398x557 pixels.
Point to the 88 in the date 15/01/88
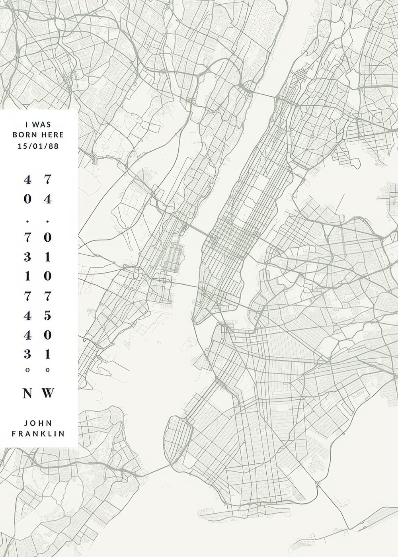[x=54, y=146]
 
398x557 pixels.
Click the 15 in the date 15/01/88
[x=22, y=146]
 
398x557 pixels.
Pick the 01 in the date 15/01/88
[x=38, y=146]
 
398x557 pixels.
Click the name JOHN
[x=38, y=423]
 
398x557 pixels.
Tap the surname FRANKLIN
[x=38, y=434]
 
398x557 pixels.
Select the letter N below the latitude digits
[x=27, y=393]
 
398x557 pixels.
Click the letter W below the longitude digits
[x=48, y=393]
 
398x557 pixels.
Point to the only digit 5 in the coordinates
[x=48, y=315]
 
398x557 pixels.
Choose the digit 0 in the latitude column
[x=27, y=199]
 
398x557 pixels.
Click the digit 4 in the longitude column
[x=48, y=199]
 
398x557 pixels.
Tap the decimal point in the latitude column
[x=27, y=220]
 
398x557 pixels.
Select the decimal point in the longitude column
[x=48, y=220]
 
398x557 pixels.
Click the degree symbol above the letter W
[x=48, y=370]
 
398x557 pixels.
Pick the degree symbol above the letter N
[x=27, y=370]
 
